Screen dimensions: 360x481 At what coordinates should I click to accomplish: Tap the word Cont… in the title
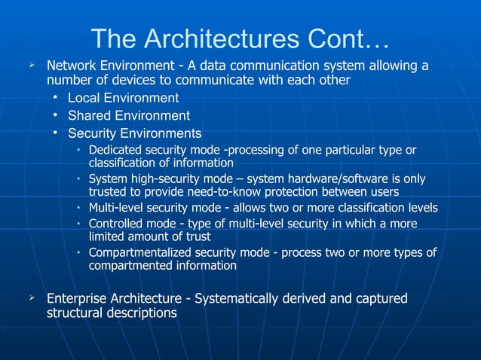(349, 38)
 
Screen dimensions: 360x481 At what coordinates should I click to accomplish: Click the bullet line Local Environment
(123, 98)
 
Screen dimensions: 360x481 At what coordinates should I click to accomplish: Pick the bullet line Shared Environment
(128, 116)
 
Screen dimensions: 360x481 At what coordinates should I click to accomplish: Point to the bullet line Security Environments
(134, 134)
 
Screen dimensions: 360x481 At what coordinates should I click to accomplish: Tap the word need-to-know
(245, 191)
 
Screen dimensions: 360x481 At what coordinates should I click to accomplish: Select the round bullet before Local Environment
(57, 98)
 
